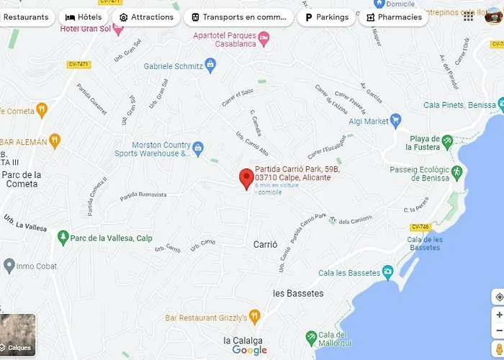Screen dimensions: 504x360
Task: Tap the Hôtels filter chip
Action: pyautogui.click(x=83, y=17)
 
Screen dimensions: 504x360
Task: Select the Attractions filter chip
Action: pyautogui.click(x=146, y=17)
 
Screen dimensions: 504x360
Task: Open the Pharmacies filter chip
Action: pyautogui.click(x=393, y=17)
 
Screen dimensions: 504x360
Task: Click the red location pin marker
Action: pyautogui.click(x=246, y=178)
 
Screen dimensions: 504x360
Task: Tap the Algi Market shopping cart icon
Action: pyautogui.click(x=395, y=122)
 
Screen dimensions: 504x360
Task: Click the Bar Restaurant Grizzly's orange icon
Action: pyautogui.click(x=254, y=317)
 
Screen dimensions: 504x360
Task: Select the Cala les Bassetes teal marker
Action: pyautogui.click(x=388, y=272)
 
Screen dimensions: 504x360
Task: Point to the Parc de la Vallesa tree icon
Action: pyautogui.click(x=64, y=237)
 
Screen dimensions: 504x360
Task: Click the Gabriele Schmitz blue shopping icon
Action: pyautogui.click(x=210, y=66)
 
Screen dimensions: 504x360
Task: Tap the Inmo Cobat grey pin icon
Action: pyautogui.click(x=9, y=266)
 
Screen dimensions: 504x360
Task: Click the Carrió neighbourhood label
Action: pyautogui.click(x=265, y=245)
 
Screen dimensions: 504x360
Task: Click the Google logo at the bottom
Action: pyautogui.click(x=250, y=351)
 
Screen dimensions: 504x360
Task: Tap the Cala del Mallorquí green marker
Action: pyautogui.click(x=311, y=337)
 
